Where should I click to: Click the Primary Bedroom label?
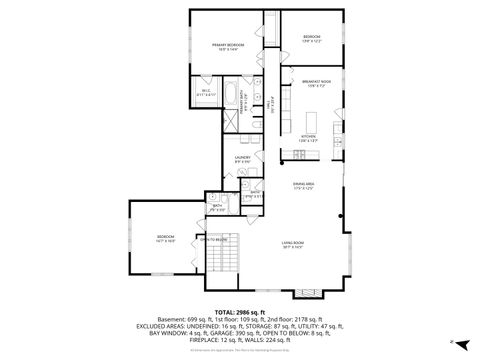pyautogui.click(x=227, y=46)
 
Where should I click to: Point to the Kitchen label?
pyautogui.click(x=307, y=138)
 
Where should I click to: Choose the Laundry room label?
pyautogui.click(x=243, y=159)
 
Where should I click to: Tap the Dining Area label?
pyautogui.click(x=304, y=186)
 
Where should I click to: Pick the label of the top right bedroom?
pyautogui.click(x=310, y=40)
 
